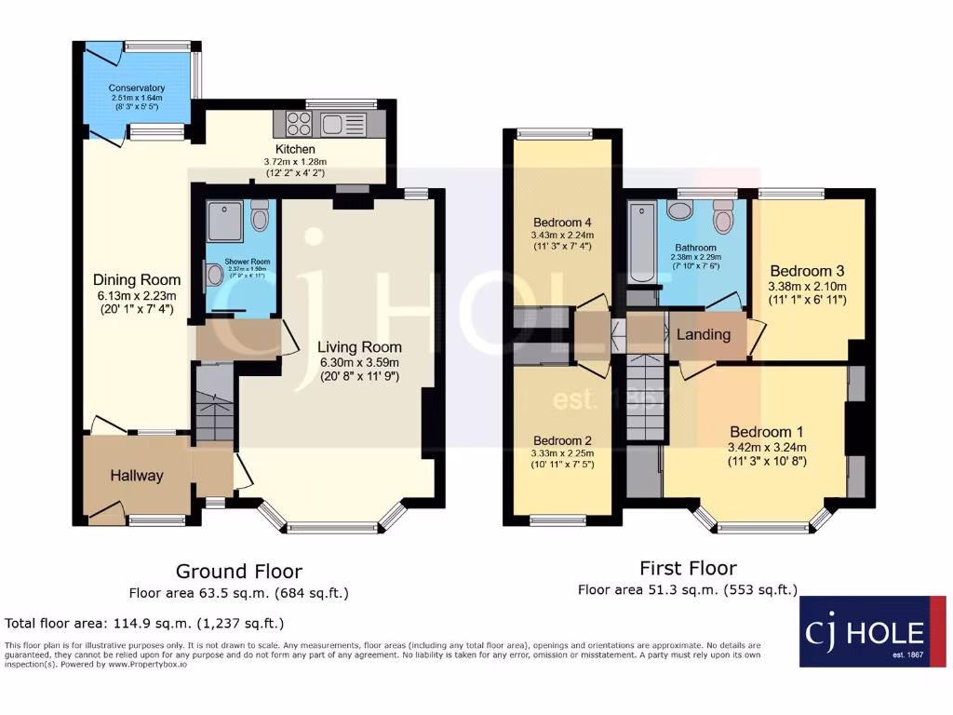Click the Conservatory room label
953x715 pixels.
pyautogui.click(x=137, y=88)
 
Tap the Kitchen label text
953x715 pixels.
pyautogui.click(x=294, y=149)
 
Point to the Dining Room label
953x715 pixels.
pyautogui.click(x=137, y=279)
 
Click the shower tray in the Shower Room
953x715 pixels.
pyautogui.click(x=224, y=220)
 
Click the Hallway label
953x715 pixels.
pyautogui.click(x=137, y=476)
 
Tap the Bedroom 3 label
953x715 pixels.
pyautogui.click(x=806, y=270)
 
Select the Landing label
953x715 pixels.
pyautogui.click(x=703, y=334)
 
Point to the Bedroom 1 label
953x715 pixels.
pyautogui.click(x=767, y=432)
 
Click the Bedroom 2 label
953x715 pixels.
pyautogui.click(x=562, y=440)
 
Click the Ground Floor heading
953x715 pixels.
pyautogui.click(x=238, y=571)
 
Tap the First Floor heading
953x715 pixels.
pyautogui.click(x=688, y=568)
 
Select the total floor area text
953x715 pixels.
pyautogui.click(x=144, y=623)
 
